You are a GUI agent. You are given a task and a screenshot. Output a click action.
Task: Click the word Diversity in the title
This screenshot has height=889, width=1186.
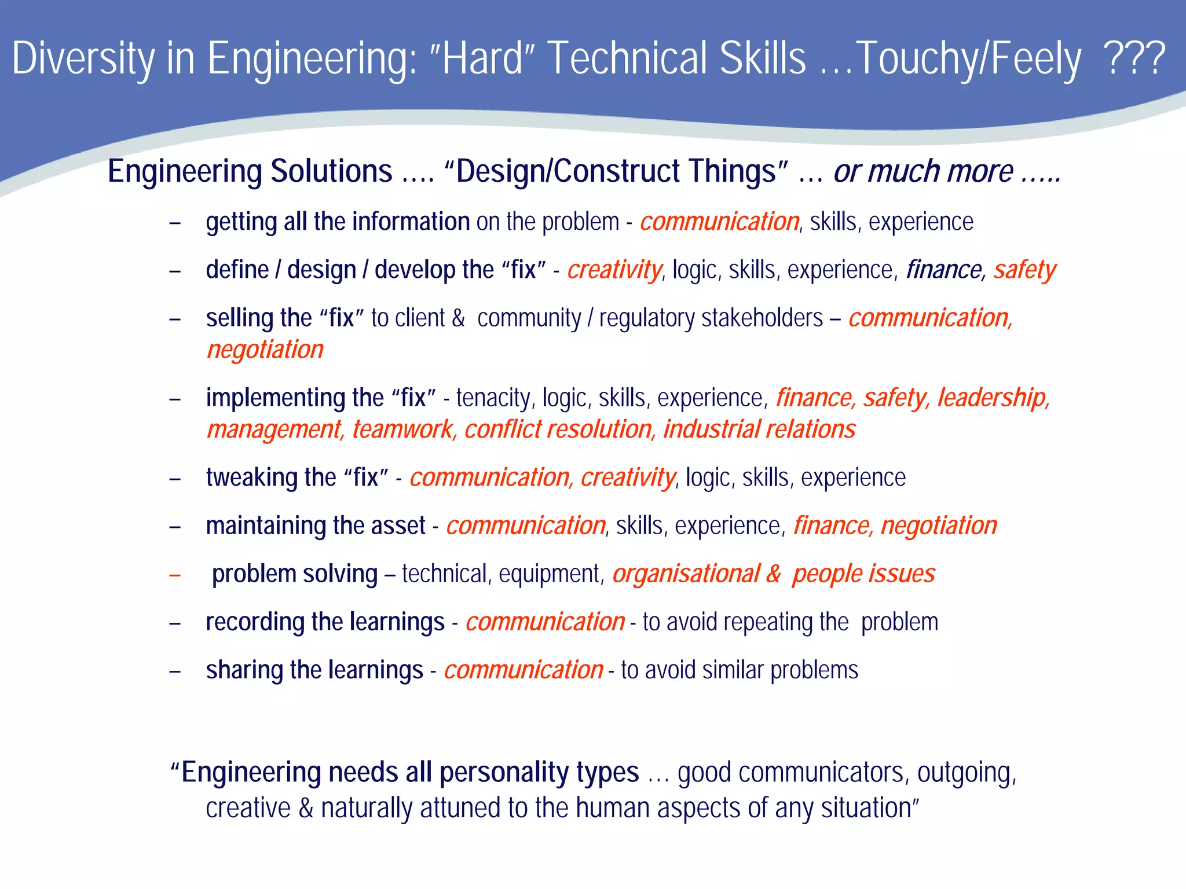tap(83, 58)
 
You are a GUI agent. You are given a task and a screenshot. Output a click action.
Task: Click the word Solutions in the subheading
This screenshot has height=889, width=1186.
tap(331, 171)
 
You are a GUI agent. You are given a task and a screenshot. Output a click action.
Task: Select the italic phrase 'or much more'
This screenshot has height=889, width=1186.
tap(923, 171)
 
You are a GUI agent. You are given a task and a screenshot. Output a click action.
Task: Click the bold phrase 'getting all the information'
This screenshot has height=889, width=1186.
tap(338, 222)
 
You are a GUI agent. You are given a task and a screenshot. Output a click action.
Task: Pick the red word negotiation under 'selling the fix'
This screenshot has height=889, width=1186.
tap(265, 350)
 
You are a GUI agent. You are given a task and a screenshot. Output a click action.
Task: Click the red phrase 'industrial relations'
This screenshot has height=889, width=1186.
tap(759, 429)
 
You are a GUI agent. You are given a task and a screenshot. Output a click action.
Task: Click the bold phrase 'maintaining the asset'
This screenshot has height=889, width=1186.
tap(316, 526)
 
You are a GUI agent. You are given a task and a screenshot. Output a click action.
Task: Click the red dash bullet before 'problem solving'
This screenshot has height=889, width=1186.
tap(175, 575)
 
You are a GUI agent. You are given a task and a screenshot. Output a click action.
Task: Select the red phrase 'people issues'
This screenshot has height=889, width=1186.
tap(863, 574)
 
